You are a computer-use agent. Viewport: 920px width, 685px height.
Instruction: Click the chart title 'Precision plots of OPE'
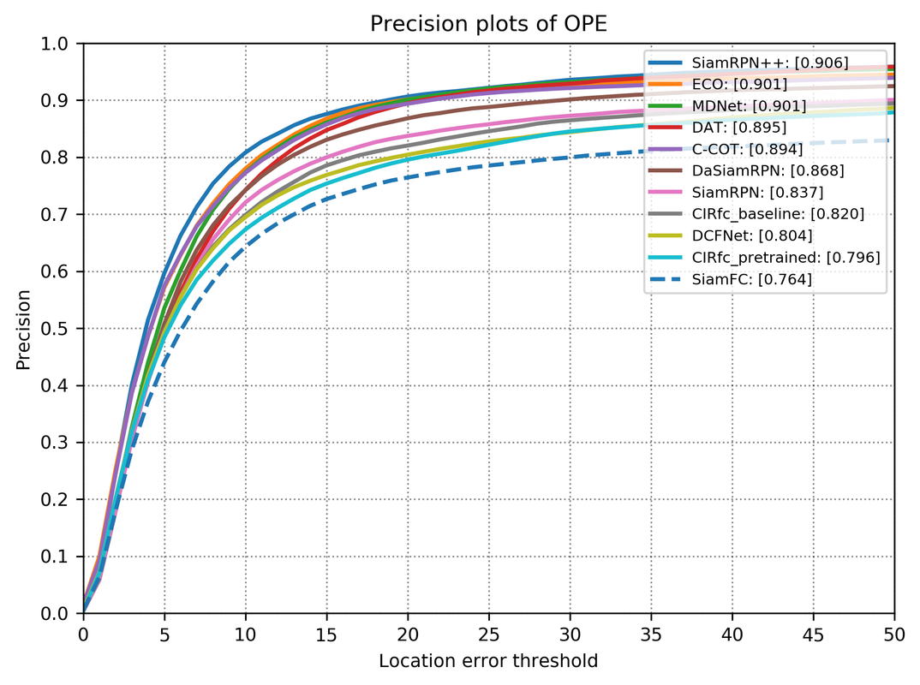pyautogui.click(x=488, y=24)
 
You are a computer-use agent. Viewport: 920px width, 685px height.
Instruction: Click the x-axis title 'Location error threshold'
pyautogui.click(x=488, y=661)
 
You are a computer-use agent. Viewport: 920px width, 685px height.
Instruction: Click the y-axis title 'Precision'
pyautogui.click(x=23, y=329)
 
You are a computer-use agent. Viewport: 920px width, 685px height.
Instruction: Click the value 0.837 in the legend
pyautogui.click(x=801, y=192)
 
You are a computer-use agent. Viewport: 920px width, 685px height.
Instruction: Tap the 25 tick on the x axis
pyautogui.click(x=488, y=635)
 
